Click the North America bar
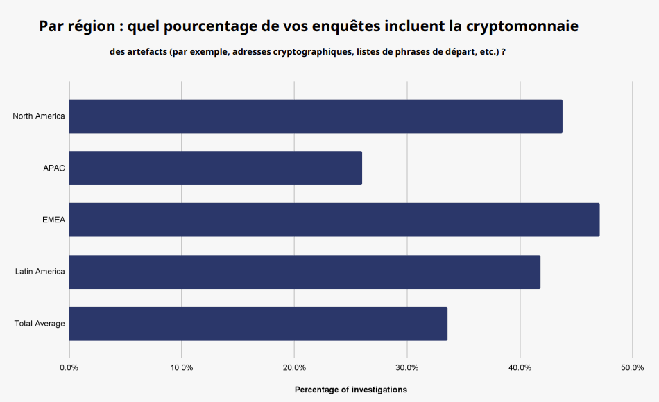point(316,116)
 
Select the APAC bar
point(215,168)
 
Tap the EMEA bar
point(334,220)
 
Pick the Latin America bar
point(305,272)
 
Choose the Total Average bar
point(258,324)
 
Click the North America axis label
point(39,116)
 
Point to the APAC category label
point(54,168)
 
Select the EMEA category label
point(53,220)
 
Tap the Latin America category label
point(40,272)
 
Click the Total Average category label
point(40,324)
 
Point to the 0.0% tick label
point(69,367)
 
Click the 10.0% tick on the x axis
point(182,367)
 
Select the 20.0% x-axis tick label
point(294,367)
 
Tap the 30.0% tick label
point(407,367)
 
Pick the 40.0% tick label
point(520,367)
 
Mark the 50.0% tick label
point(633,367)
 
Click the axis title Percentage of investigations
point(351,390)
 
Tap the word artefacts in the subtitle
point(144,53)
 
